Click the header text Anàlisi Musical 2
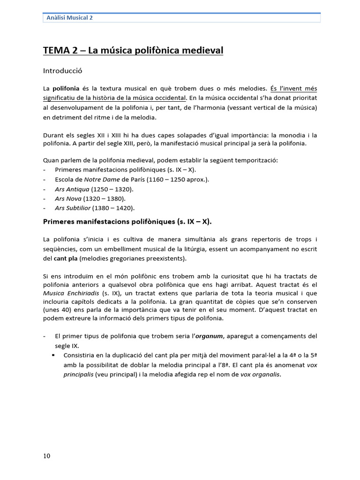[69, 18]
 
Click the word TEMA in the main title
[55, 50]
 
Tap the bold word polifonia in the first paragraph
[66, 88]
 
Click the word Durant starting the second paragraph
[53, 135]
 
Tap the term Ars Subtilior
[72, 208]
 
